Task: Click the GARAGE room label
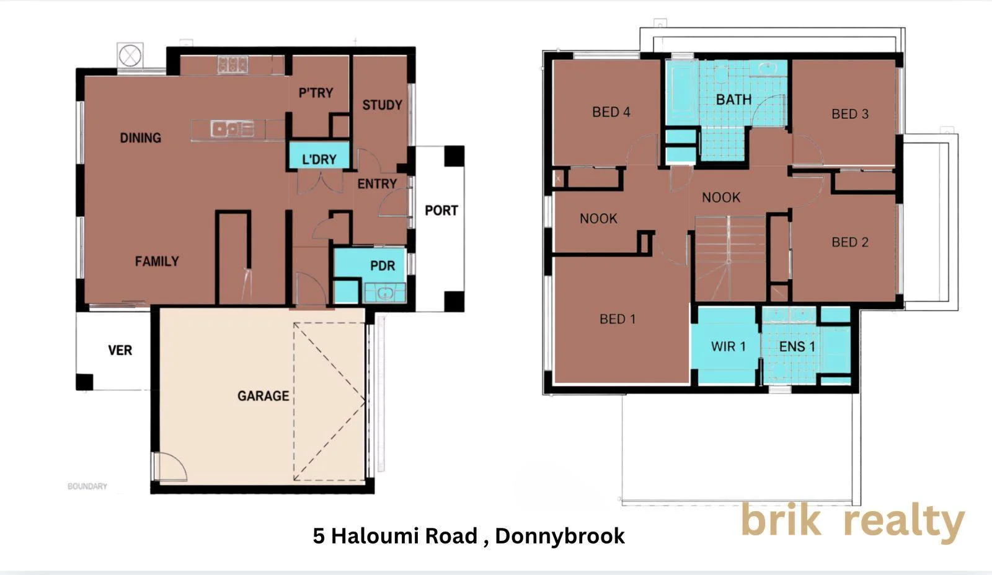pyautogui.click(x=263, y=396)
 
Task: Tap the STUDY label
pyautogui.click(x=382, y=105)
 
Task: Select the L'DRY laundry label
pyautogui.click(x=319, y=159)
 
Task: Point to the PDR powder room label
pyautogui.click(x=382, y=266)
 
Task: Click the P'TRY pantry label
pyautogui.click(x=316, y=93)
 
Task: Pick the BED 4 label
pyautogui.click(x=611, y=112)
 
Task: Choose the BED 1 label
pyautogui.click(x=618, y=319)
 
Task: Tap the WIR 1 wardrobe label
pyautogui.click(x=728, y=346)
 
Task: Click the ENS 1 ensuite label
pyautogui.click(x=797, y=346)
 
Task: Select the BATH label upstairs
pyautogui.click(x=734, y=100)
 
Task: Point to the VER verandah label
pyautogui.click(x=120, y=351)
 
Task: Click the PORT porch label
pyautogui.click(x=441, y=210)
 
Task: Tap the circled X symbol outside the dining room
pyautogui.click(x=130, y=56)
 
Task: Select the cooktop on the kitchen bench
pyautogui.click(x=232, y=64)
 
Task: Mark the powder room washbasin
pyautogui.click(x=385, y=292)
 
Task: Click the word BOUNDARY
pyautogui.click(x=87, y=486)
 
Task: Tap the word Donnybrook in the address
pyautogui.click(x=560, y=536)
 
